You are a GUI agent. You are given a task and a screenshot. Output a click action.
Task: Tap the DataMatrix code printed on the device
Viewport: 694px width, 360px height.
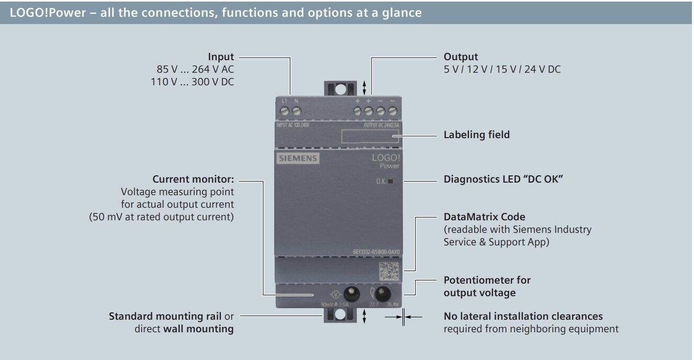(389, 271)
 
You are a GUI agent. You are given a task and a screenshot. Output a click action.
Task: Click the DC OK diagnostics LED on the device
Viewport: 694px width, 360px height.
(391, 182)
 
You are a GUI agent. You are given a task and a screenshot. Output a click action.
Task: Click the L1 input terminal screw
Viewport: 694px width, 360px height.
(285, 111)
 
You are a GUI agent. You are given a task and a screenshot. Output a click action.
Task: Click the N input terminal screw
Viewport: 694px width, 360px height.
(296, 111)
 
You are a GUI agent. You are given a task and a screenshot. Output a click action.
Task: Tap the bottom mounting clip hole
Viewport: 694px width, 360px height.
(340, 314)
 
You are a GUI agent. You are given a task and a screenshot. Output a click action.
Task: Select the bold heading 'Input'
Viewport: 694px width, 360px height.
(221, 57)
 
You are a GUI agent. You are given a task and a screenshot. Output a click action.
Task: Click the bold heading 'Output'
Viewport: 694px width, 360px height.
(461, 57)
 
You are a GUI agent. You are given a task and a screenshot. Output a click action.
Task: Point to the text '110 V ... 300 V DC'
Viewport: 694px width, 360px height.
(192, 82)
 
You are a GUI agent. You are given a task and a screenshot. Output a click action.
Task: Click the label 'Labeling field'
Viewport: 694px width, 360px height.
(476, 135)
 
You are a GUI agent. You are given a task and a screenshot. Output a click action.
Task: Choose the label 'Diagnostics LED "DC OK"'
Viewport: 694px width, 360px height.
(503, 179)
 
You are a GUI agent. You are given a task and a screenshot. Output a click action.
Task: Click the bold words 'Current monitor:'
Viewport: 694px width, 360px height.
(193, 179)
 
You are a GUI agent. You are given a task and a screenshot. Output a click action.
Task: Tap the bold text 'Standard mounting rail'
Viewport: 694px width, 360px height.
(165, 317)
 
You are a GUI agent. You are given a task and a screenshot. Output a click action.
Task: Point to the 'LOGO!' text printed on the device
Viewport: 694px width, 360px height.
(386, 157)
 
